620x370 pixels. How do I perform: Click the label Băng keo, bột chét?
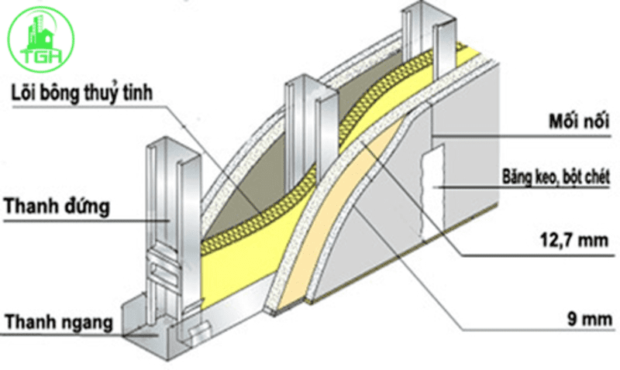click(553, 179)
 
